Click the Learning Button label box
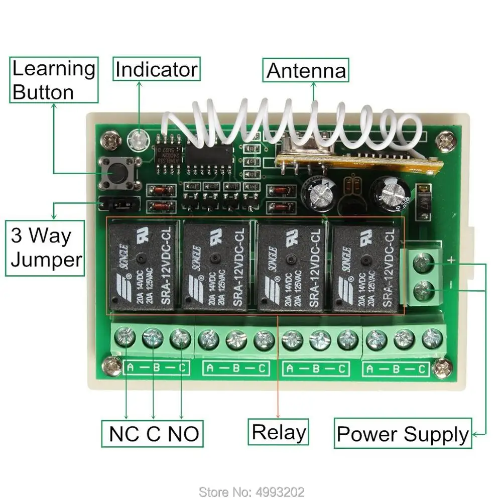tap(54, 80)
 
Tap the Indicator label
tap(156, 69)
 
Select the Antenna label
tap(306, 71)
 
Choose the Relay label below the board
tap(279, 432)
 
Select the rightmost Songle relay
tap(366, 267)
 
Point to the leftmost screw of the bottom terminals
tap(125, 339)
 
